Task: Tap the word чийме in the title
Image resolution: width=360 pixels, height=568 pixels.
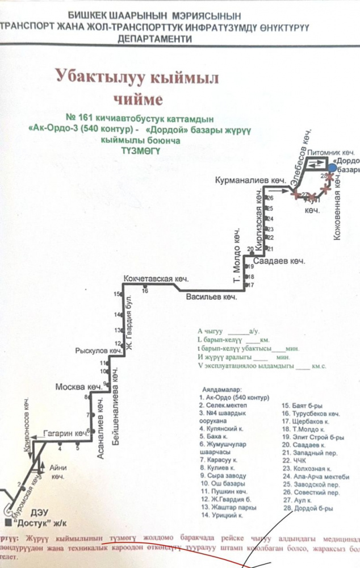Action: [134, 99]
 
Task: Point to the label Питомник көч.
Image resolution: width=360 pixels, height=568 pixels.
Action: [330, 153]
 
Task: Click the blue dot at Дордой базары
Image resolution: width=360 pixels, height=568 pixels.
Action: [331, 166]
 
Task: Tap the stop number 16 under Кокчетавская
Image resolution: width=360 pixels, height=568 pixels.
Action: [145, 290]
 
